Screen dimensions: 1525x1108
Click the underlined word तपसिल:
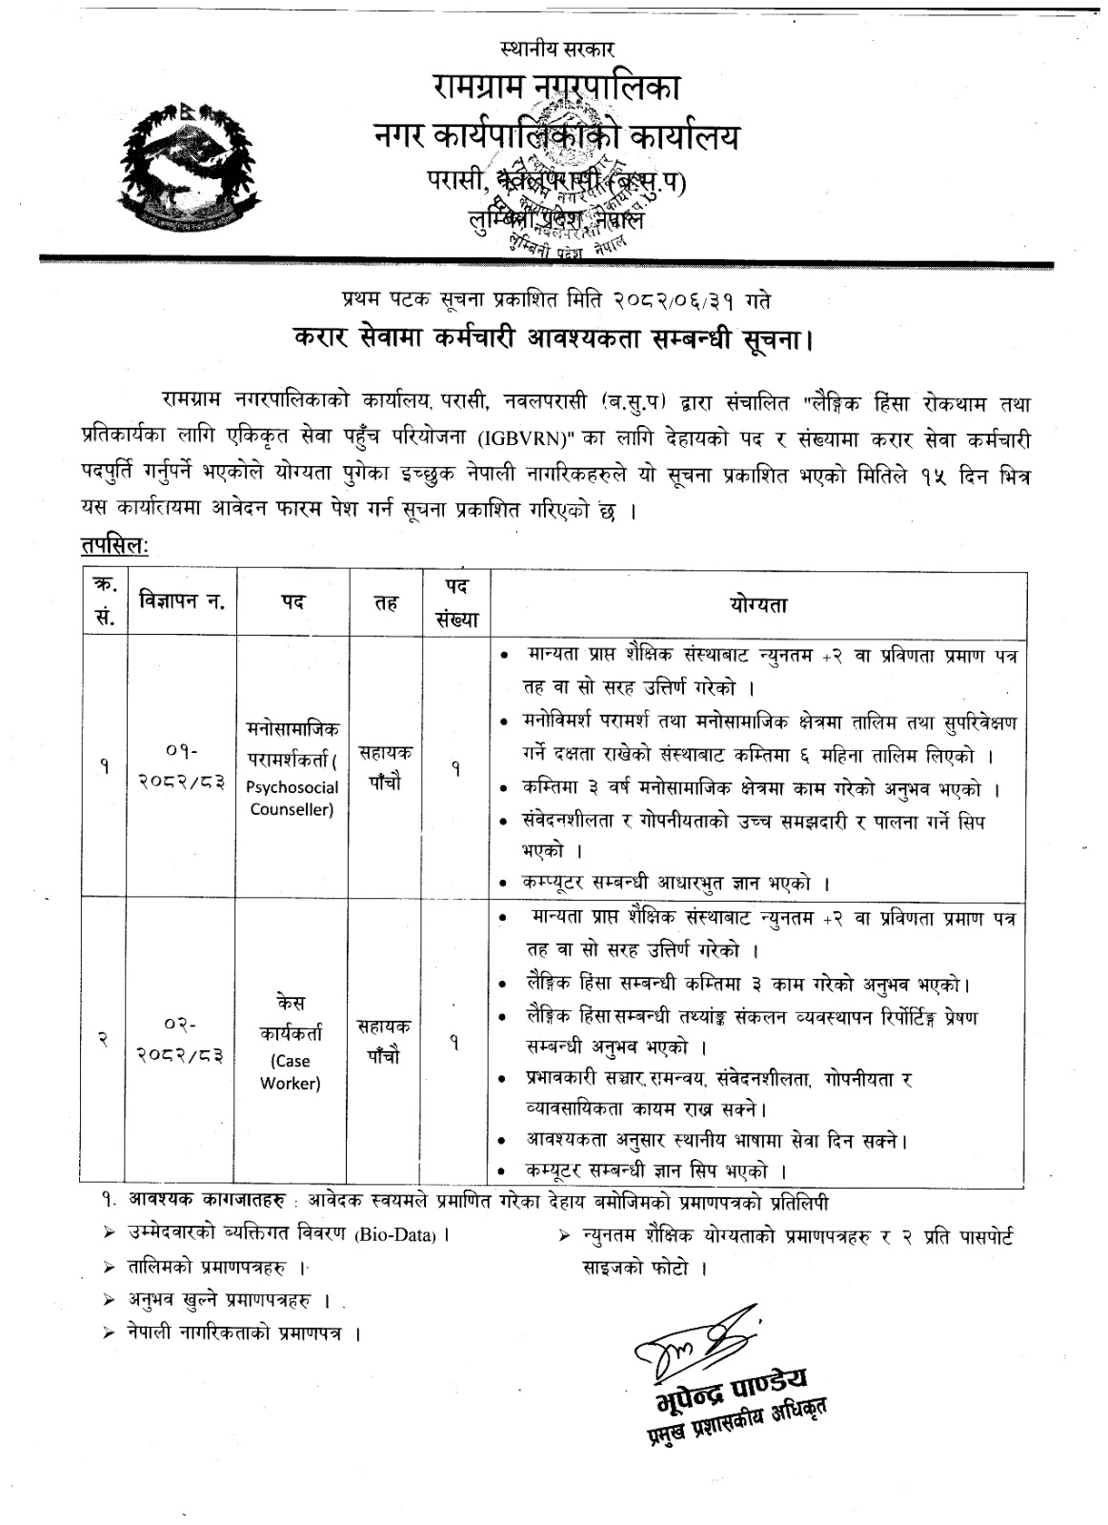pyautogui.click(x=112, y=547)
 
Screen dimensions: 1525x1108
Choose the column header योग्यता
pyautogui.click(x=758, y=604)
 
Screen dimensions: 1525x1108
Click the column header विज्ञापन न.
pyautogui.click(x=180, y=601)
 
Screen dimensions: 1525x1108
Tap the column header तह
pyautogui.click(x=387, y=602)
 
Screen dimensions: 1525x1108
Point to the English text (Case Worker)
pyautogui.click(x=291, y=1071)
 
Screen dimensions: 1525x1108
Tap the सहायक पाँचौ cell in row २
pyautogui.click(x=385, y=1040)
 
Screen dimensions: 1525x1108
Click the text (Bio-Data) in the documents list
pyautogui.click(x=396, y=1235)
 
